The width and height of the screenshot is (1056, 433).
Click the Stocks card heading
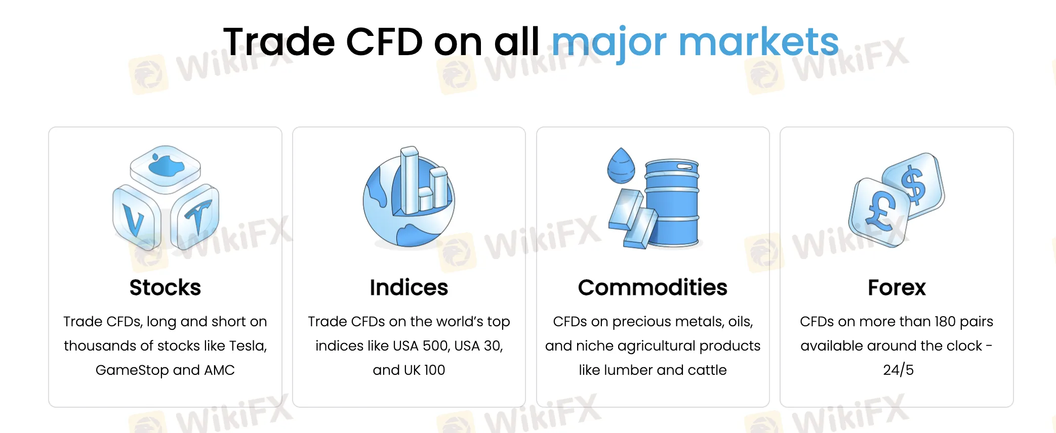pos(165,287)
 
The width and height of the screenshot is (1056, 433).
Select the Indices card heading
pos(409,287)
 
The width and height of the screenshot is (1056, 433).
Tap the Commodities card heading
pos(653,287)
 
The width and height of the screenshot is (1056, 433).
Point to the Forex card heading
pos(897,287)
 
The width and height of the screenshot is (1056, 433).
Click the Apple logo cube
pos(165,168)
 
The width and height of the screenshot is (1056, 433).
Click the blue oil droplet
pos(621,166)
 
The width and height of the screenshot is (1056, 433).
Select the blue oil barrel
pos(672,202)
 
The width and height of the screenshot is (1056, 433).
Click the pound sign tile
pos(879,212)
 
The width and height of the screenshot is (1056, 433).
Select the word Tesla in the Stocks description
pos(248,346)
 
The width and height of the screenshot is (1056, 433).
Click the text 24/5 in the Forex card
pos(898,370)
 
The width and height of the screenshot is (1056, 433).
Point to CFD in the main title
pos(384,41)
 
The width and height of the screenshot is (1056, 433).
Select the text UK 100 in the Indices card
pos(424,370)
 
